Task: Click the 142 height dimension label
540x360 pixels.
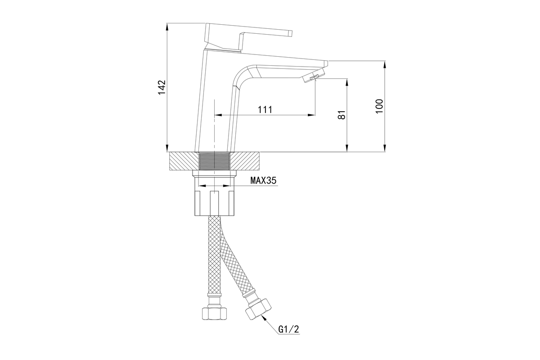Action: click(162, 87)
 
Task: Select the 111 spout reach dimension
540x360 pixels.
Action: click(265, 110)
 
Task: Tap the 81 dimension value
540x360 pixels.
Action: click(342, 115)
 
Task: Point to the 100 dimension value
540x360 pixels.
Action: click(379, 106)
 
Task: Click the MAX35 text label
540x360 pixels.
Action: click(263, 180)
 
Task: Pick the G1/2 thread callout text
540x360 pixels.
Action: click(288, 329)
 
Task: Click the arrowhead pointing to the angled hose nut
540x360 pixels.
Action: click(265, 319)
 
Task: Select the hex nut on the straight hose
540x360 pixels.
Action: click(215, 314)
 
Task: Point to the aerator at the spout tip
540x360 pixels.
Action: click(313, 75)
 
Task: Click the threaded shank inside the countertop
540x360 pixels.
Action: click(214, 161)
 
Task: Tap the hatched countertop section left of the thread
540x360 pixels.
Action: click(184, 161)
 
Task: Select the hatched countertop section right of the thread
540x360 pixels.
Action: click(245, 161)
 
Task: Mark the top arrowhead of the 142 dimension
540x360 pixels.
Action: click(167, 27)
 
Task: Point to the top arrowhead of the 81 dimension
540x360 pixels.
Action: click(347, 82)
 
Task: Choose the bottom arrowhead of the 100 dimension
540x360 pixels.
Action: click(385, 148)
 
